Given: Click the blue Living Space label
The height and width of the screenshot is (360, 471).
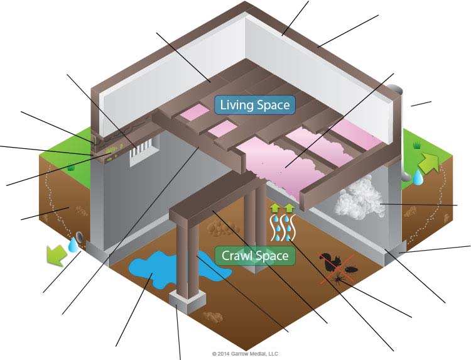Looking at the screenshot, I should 254,104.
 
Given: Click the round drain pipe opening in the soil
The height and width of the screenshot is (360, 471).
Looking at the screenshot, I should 80,238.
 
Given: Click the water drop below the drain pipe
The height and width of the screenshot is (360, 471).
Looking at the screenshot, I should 74,248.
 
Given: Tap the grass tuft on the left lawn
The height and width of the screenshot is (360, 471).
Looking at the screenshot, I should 71,168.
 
